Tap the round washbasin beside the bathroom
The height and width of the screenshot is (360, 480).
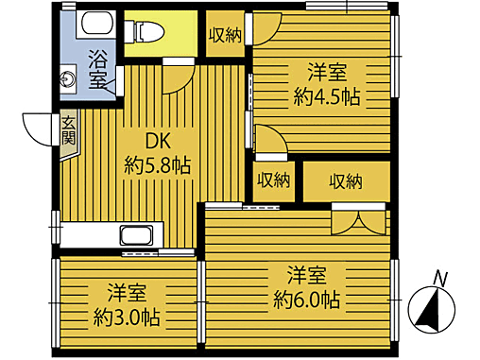pyautogui.click(x=69, y=78)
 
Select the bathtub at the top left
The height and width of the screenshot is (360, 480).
pyautogui.click(x=94, y=24)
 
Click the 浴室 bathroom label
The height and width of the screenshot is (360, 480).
pyautogui.click(x=98, y=69)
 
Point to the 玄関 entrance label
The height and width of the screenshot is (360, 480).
pyautogui.click(x=69, y=129)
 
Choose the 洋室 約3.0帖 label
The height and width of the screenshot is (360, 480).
pyautogui.click(x=126, y=302)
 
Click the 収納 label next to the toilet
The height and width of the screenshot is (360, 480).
pyautogui.click(x=225, y=35)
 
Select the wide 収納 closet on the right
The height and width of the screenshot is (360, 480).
pyautogui.click(x=347, y=180)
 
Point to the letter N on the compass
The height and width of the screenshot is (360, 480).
pyautogui.click(x=438, y=277)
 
